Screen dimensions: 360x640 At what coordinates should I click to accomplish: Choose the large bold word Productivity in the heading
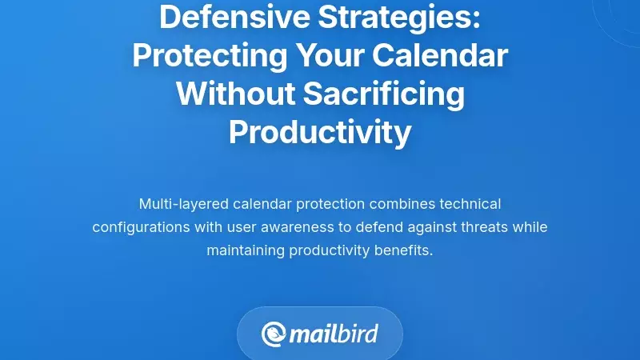tap(320, 132)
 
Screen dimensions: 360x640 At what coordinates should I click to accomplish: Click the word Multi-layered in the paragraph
tap(178, 204)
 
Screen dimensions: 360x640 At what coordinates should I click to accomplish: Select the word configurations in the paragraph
tap(140, 227)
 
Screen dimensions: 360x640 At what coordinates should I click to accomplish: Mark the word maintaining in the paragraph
tap(246, 250)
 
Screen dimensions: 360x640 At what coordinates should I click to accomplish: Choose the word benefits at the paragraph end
tap(404, 250)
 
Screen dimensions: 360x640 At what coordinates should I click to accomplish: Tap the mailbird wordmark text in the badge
tap(334, 334)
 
